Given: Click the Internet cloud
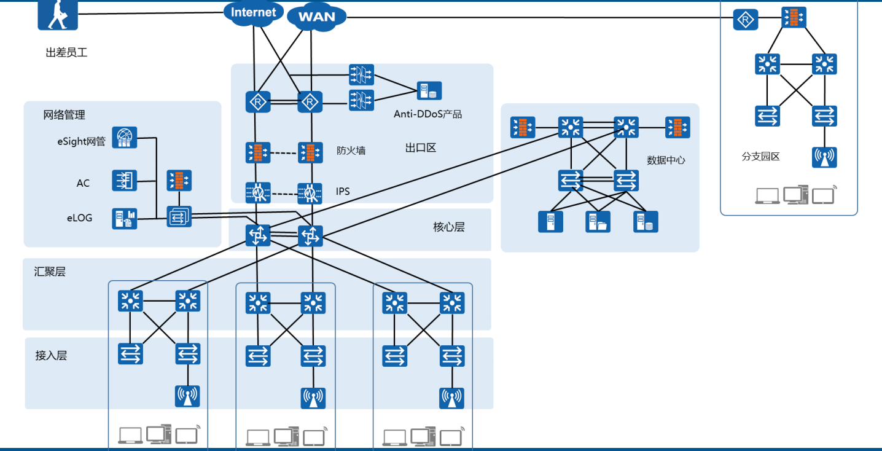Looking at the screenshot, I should tap(253, 12).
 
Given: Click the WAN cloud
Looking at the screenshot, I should tap(316, 17).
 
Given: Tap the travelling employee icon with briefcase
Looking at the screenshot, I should tap(58, 14).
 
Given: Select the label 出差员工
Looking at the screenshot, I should tap(66, 53).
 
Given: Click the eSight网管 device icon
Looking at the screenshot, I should tap(125, 138).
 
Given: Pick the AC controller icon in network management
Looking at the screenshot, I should tap(125, 181).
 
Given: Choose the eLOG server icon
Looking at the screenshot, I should tap(125, 218).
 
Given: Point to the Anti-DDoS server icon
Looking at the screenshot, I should tap(429, 91).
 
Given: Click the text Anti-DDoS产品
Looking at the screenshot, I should tap(427, 114).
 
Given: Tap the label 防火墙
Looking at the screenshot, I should tap(351, 150).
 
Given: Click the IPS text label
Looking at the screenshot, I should tap(343, 192).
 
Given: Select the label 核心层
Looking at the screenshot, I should tap(448, 227).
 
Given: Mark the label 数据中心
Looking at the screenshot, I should tap(665, 160).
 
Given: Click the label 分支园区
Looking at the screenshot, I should tap(760, 157).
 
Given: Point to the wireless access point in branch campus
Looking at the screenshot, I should tap(824, 157).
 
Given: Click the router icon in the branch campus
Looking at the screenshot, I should tap(746, 20).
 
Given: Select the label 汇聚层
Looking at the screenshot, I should tap(50, 272).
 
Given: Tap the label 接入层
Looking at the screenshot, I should tap(51, 355).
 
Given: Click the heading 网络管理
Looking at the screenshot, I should tap(64, 115).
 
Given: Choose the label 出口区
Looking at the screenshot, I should tap(420, 148).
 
